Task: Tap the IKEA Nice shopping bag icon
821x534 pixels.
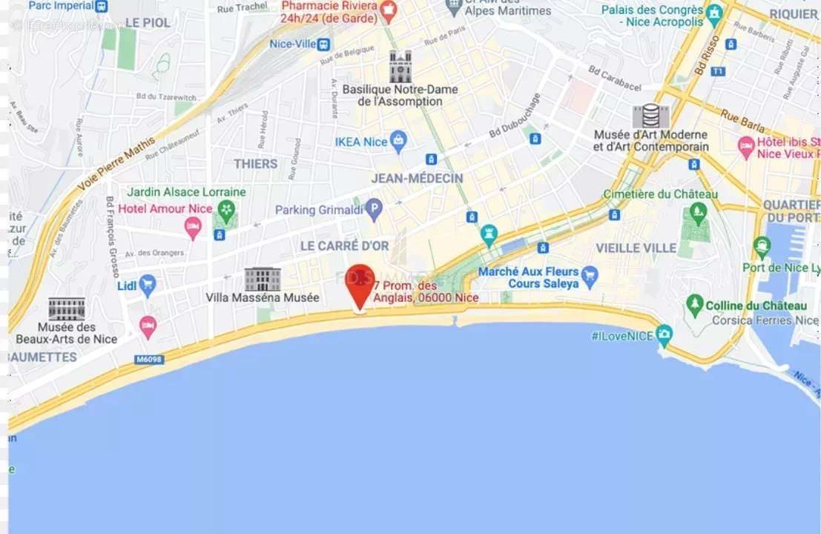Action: tap(399, 142)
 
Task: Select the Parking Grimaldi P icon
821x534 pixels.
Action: tap(374, 210)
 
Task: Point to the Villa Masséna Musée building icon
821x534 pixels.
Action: tap(263, 279)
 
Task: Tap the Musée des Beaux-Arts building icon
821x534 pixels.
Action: tap(67, 309)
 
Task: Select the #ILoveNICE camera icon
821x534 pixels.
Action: tap(665, 335)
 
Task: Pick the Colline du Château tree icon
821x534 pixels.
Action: tap(695, 305)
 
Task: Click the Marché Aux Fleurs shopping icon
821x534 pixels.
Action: tap(590, 277)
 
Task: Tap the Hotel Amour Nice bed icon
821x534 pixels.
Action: tap(193, 227)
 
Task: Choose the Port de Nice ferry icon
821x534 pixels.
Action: tap(762, 247)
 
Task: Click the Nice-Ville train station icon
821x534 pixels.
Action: tap(323, 44)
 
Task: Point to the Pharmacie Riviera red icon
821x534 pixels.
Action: tap(386, 10)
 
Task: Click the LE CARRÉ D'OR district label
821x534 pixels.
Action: tap(344, 245)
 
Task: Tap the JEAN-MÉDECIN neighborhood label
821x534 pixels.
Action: tap(417, 179)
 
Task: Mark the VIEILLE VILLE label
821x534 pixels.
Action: tap(636, 248)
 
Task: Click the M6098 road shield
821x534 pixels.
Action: tap(148, 360)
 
